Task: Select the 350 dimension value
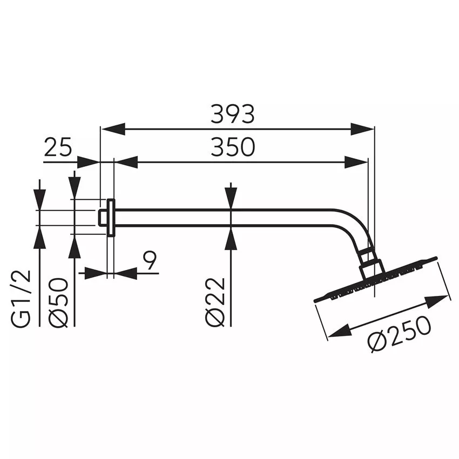pyautogui.click(x=232, y=147)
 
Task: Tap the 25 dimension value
pyautogui.click(x=58, y=147)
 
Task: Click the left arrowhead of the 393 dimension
pyautogui.click(x=113, y=130)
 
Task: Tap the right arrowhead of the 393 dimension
pyautogui.click(x=362, y=130)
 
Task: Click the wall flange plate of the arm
pyautogui.click(x=111, y=218)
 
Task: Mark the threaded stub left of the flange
pyautogui.click(x=102, y=218)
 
